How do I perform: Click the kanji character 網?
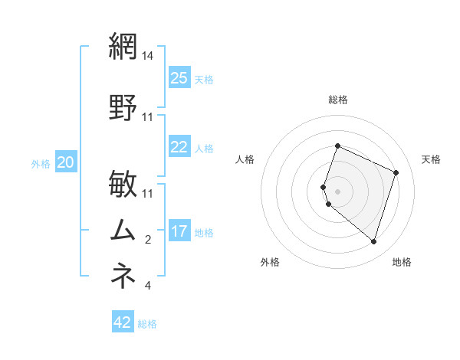(x=123, y=47)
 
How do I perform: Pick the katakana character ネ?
(x=123, y=275)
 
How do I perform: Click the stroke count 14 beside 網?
(x=148, y=57)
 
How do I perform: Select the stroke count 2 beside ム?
(x=148, y=241)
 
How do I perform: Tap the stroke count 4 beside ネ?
(x=148, y=286)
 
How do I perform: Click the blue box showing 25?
(x=179, y=78)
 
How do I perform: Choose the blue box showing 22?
(x=179, y=147)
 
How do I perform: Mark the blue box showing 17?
(x=179, y=231)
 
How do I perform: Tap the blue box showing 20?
(x=66, y=162)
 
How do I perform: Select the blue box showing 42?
(x=123, y=322)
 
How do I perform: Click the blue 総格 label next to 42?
(x=147, y=324)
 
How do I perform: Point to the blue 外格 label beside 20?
(x=41, y=163)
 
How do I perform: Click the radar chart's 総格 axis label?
(x=338, y=100)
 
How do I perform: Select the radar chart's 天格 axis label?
(x=432, y=159)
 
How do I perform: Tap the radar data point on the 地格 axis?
(x=373, y=241)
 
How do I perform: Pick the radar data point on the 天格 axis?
(x=396, y=172)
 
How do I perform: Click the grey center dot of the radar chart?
(x=338, y=191)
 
